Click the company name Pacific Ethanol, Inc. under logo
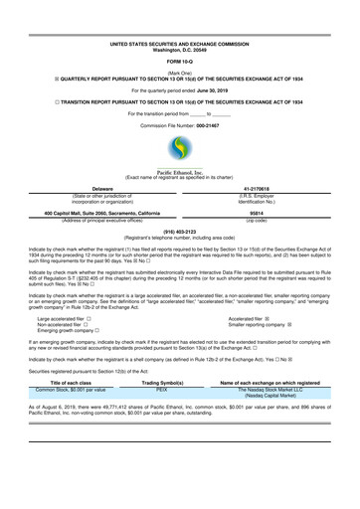[x=180, y=171]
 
